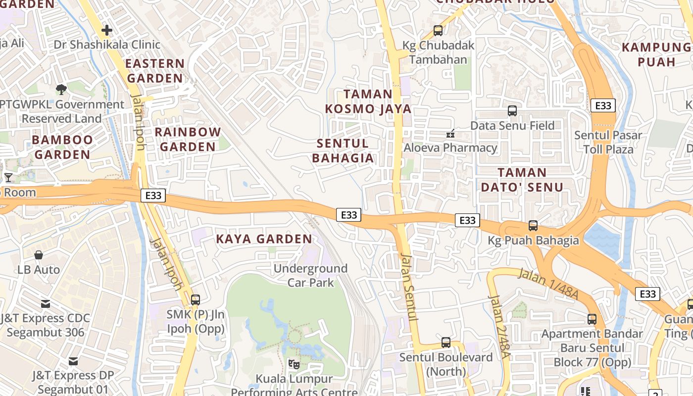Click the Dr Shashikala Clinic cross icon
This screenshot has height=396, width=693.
106,31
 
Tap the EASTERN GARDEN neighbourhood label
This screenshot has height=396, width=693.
155,71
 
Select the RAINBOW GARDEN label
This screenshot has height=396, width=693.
188,140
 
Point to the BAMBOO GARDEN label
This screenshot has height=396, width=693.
62,147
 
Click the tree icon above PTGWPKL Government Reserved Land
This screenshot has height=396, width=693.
61,90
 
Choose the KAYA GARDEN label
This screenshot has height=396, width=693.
264,239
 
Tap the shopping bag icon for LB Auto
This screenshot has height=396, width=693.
39,255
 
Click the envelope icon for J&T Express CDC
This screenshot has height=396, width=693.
46,303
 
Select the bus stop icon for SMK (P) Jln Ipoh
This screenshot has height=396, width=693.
196,299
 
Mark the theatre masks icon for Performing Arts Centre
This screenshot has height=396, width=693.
294,364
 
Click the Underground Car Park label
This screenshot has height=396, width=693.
311,276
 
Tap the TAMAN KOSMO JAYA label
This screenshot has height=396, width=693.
368,101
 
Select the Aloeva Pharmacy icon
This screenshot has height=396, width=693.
450,133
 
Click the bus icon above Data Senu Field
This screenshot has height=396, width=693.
512,111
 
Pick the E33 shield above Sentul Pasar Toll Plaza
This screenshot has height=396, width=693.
603,105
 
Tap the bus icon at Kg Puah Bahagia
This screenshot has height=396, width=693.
533,226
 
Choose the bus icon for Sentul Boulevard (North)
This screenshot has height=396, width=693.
446,342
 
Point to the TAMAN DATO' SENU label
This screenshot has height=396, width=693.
522,180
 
